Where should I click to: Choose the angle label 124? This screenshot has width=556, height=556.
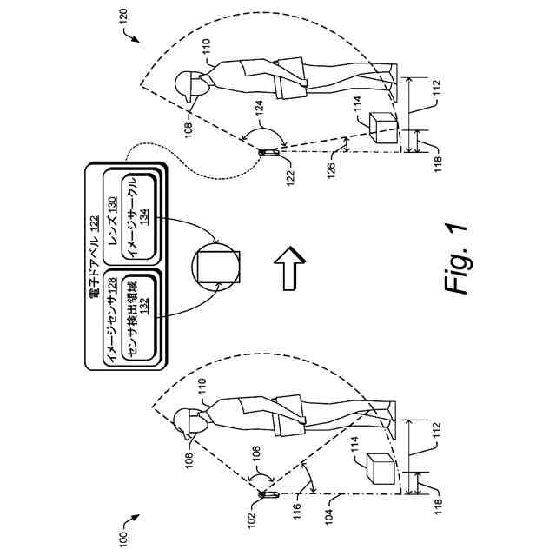(x=259, y=109)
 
